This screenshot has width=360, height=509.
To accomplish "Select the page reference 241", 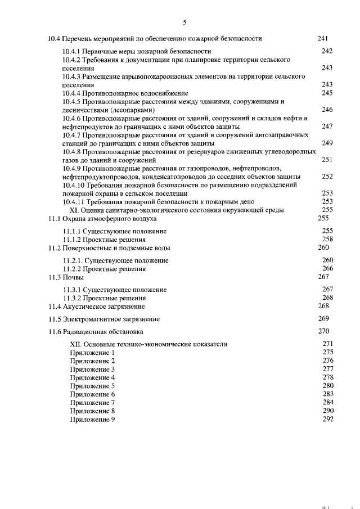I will [323, 38].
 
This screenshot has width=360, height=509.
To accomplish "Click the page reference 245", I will [327, 93].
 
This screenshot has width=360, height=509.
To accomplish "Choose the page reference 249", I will [327, 143].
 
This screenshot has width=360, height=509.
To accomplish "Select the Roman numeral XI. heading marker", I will [76, 210].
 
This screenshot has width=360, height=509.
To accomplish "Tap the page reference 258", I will [327, 239].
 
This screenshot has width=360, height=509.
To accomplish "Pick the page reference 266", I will [327, 269].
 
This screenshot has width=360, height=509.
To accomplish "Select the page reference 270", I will [323, 331].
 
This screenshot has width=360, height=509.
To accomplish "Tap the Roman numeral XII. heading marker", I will [76, 344].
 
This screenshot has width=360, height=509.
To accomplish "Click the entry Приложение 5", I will [92, 386].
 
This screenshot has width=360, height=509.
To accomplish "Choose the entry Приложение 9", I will [92, 420].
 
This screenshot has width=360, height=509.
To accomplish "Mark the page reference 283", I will [327, 394].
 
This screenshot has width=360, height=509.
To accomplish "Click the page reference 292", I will [327, 420].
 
